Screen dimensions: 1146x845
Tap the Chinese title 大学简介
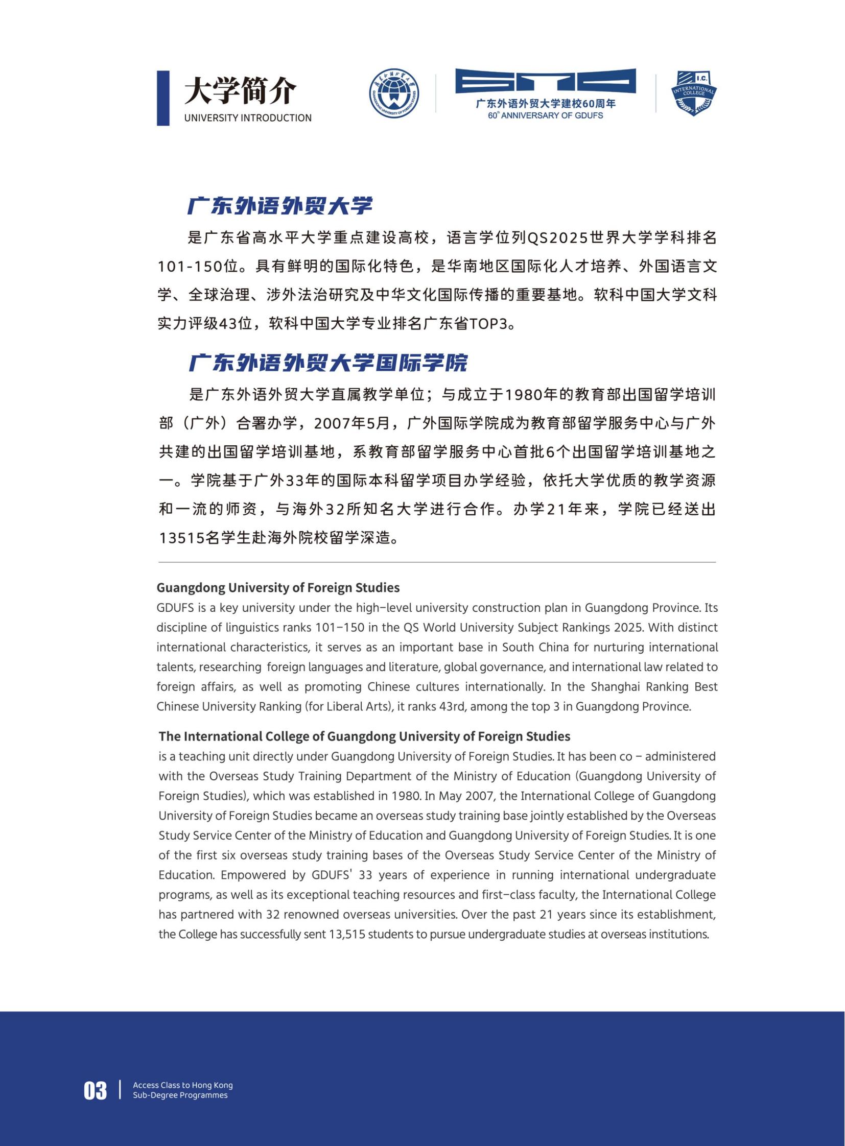pyautogui.click(x=240, y=91)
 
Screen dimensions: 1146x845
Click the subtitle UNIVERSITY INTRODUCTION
pyautogui.click(x=248, y=118)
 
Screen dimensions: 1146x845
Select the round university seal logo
pyautogui.click(x=394, y=93)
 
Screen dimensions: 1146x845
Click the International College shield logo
pyautogui.click(x=694, y=93)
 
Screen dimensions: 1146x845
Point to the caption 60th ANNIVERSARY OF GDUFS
pyautogui.click(x=545, y=115)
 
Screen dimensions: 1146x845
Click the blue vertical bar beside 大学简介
pyautogui.click(x=162, y=98)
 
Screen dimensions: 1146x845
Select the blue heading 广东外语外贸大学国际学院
pyautogui.click(x=328, y=363)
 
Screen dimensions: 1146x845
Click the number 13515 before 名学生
pyautogui.click(x=181, y=538)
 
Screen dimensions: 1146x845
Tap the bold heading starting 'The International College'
pyautogui.click(x=364, y=736)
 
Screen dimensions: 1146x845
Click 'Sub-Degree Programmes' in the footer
pyautogui.click(x=180, y=1095)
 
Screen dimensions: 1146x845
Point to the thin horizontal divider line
pyautogui.click(x=437, y=562)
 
